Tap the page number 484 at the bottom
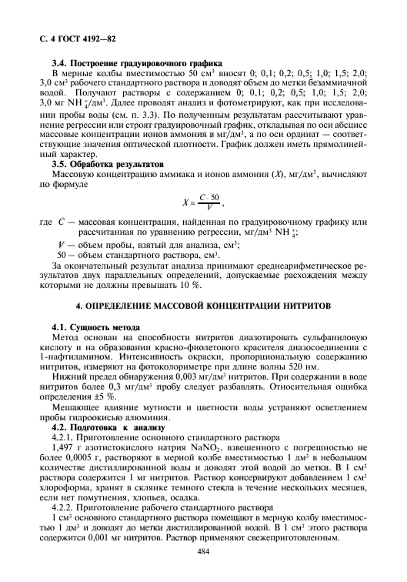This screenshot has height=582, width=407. [203, 552]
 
